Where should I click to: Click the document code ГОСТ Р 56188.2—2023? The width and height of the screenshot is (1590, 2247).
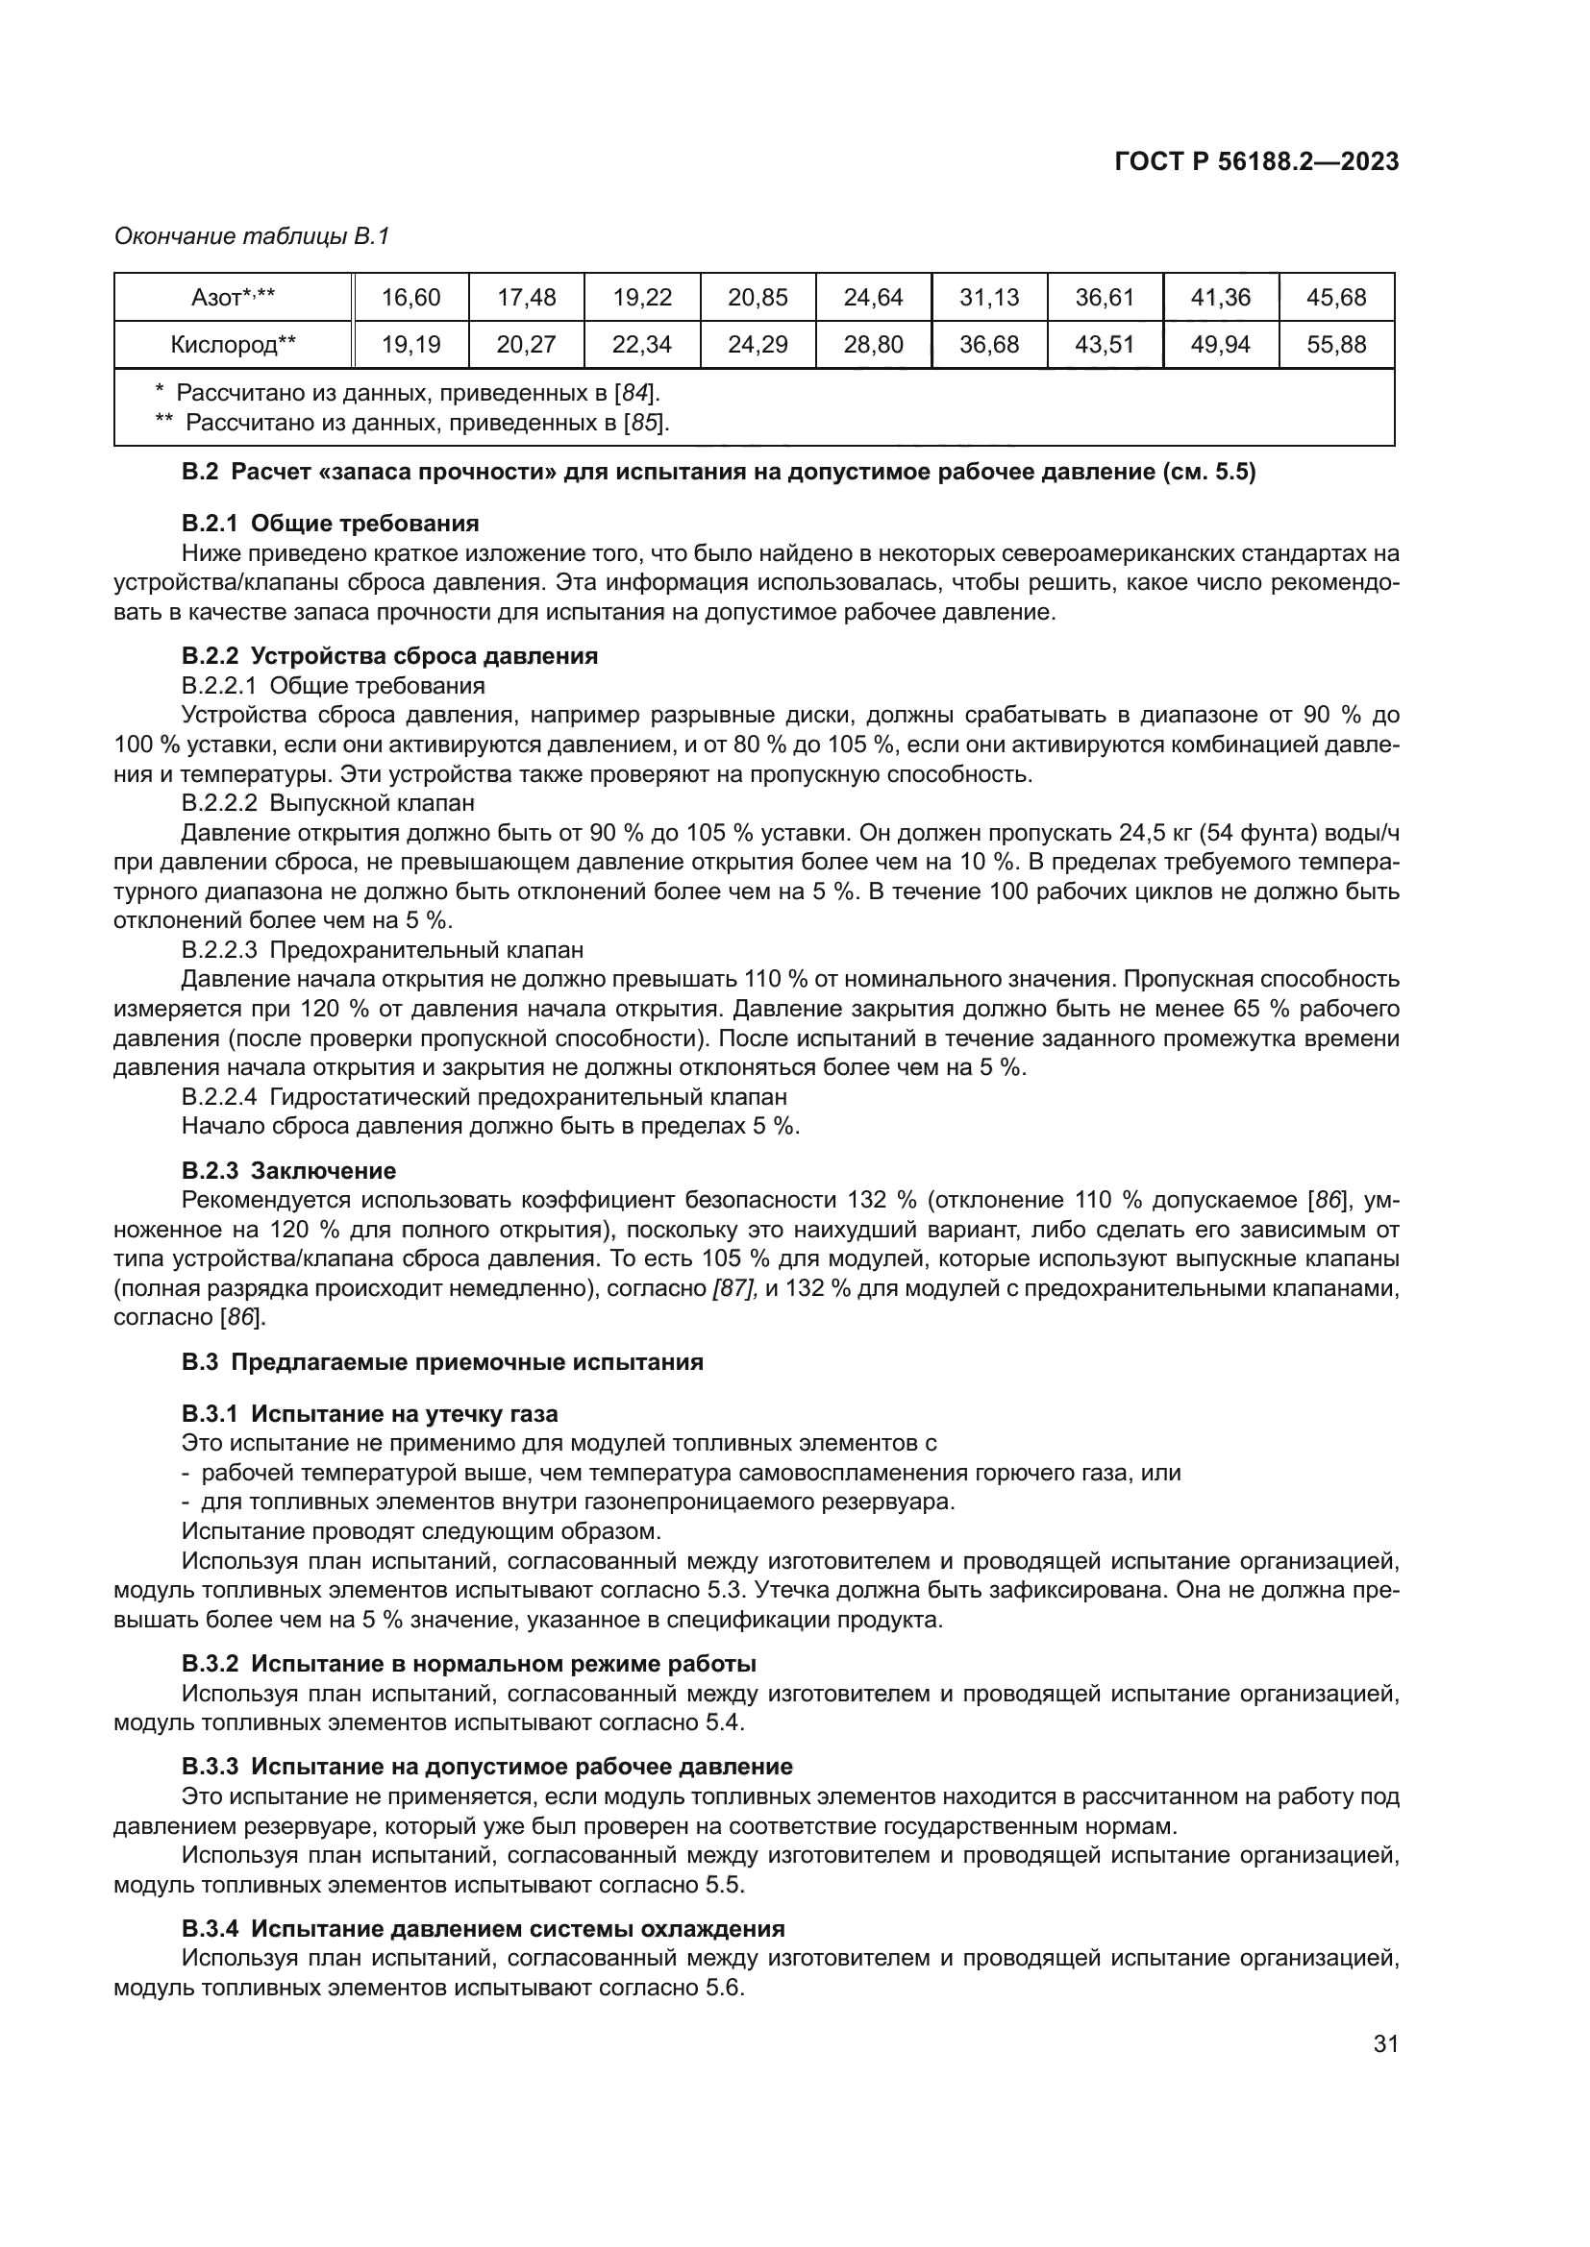coord(1256,162)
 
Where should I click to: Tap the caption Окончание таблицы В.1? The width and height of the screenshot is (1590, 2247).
coord(252,237)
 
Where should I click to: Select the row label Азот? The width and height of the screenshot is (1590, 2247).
coord(232,298)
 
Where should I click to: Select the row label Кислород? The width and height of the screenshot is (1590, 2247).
coord(232,345)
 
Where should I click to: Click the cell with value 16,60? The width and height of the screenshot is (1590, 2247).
coord(410,298)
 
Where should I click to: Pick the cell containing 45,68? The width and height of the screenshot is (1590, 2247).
coord(1335,298)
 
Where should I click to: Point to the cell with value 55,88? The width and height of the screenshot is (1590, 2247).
coord(1335,345)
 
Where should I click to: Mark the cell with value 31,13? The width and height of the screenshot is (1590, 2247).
coord(989,298)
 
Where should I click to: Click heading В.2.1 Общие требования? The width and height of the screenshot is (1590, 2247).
coord(330,524)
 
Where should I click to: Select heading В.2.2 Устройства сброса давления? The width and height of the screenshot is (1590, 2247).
coord(388,656)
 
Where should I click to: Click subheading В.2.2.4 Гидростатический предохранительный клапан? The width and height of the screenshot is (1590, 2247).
coord(484,1097)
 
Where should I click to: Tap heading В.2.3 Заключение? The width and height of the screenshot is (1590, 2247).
coord(288,1170)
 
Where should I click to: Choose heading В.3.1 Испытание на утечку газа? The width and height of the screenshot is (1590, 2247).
coord(369,1413)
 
